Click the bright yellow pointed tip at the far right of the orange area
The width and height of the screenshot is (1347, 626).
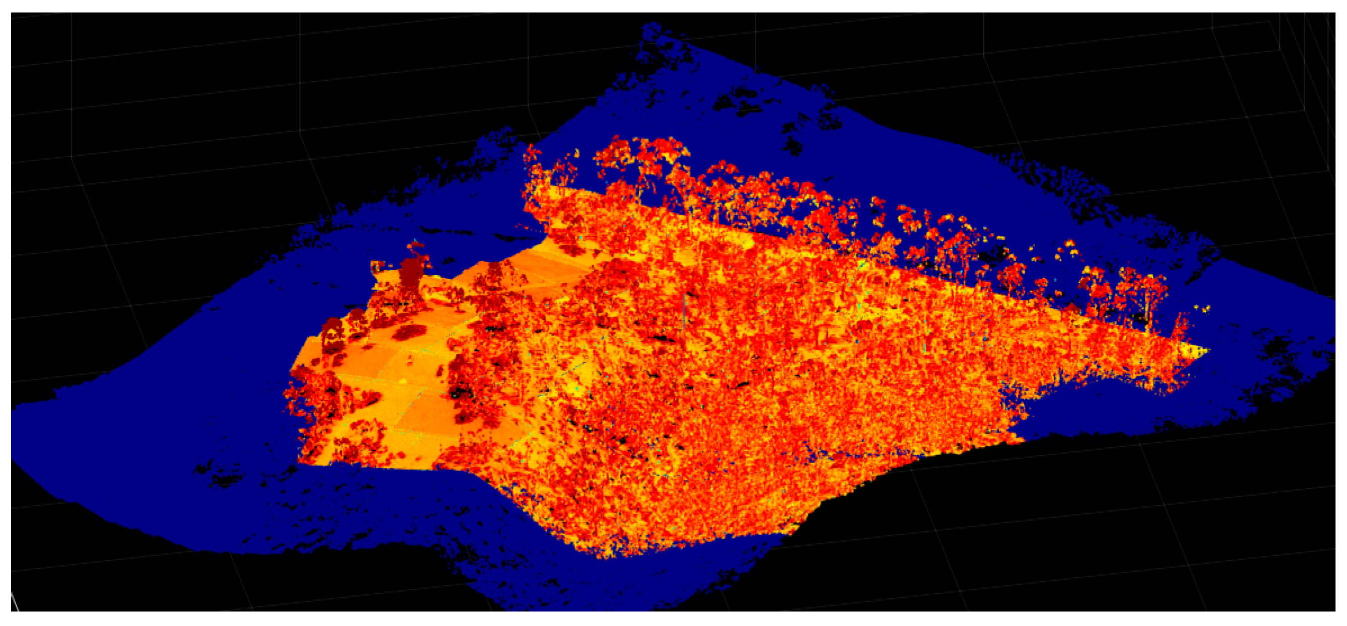(x=1206, y=350)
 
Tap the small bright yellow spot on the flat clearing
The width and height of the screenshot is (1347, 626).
(x=403, y=381)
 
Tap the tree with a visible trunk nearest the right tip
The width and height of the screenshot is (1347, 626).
(x=1148, y=293)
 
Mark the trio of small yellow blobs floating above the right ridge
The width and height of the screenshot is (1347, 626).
(x=1067, y=248)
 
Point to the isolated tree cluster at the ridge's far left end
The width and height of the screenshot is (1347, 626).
(x=534, y=157)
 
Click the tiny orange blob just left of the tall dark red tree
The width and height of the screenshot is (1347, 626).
(x=375, y=266)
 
